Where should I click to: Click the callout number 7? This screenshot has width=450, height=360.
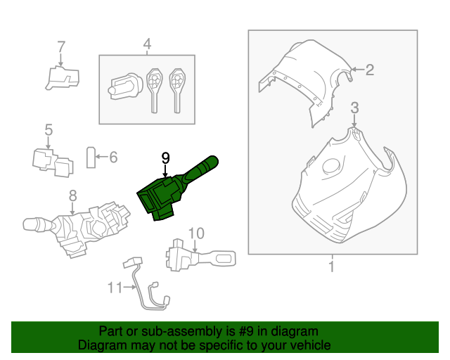point(61,46)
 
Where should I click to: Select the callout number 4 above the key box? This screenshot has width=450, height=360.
point(147,45)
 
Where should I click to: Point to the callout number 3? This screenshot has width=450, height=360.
point(355,107)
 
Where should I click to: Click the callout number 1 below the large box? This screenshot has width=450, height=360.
point(331,266)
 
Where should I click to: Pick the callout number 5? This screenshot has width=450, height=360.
point(49,129)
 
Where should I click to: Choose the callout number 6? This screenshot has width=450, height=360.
point(112,157)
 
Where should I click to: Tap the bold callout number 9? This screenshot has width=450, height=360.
point(165,158)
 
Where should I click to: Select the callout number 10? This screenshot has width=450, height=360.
point(196,233)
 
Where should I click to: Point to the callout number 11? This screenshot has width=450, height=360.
point(115,287)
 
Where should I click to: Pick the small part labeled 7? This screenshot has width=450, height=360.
point(62,77)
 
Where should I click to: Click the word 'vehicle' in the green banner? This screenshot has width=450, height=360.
point(309,345)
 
